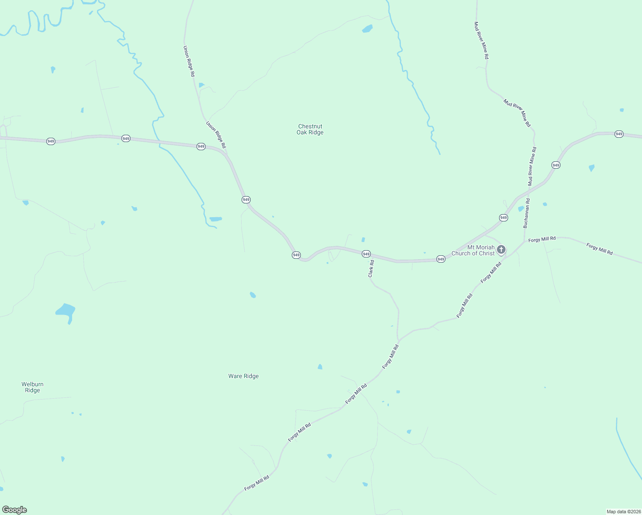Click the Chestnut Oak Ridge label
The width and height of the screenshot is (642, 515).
click(x=310, y=129)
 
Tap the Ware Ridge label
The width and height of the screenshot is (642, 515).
click(x=243, y=376)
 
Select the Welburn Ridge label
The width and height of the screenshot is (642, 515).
click(x=33, y=387)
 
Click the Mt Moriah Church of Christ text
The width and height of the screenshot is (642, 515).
click(x=473, y=251)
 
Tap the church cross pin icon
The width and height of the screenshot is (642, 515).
click(x=501, y=250)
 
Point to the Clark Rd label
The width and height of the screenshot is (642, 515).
click(x=371, y=269)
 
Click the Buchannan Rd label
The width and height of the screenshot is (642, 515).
click(x=526, y=213)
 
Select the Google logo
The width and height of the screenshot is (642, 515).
click(x=15, y=510)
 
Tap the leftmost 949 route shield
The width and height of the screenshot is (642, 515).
click(x=51, y=141)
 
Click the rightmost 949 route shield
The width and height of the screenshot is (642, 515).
click(x=618, y=134)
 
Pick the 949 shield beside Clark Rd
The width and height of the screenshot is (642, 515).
click(x=366, y=254)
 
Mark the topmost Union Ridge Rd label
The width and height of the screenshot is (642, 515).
click(x=189, y=61)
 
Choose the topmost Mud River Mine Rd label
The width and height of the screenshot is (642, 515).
click(x=481, y=40)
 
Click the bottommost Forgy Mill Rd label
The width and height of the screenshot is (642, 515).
click(x=257, y=483)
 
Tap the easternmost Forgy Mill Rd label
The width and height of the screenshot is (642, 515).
click(x=600, y=249)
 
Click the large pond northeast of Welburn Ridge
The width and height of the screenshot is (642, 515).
click(x=66, y=311)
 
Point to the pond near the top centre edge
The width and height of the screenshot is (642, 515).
click(x=367, y=29)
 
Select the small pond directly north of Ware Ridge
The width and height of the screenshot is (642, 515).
click(x=253, y=295)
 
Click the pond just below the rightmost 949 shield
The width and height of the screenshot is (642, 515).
click(x=592, y=168)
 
